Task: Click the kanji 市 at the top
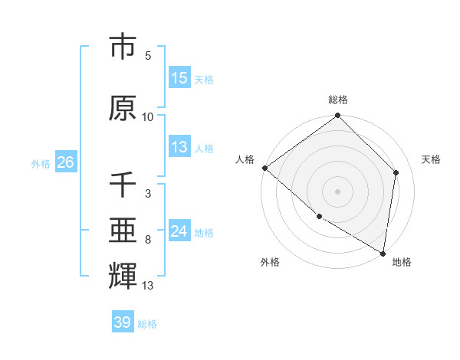coord(123,47)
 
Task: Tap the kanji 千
coord(123,185)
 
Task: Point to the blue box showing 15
coord(179,79)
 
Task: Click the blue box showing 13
coord(179,148)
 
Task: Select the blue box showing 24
coord(179,232)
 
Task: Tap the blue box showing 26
coord(65,163)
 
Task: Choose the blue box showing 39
coord(123,323)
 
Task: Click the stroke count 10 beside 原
coord(148,117)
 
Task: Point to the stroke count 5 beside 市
coord(148,56)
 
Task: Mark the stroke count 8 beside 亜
coord(148,240)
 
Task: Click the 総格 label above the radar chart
coord(338,100)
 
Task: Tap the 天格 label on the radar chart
coord(431,159)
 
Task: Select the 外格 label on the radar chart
coord(270,262)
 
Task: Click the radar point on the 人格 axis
coord(264,168)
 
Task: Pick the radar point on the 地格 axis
coord(382,252)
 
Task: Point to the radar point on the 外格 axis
coord(319,217)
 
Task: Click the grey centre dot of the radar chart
coord(338,191)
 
